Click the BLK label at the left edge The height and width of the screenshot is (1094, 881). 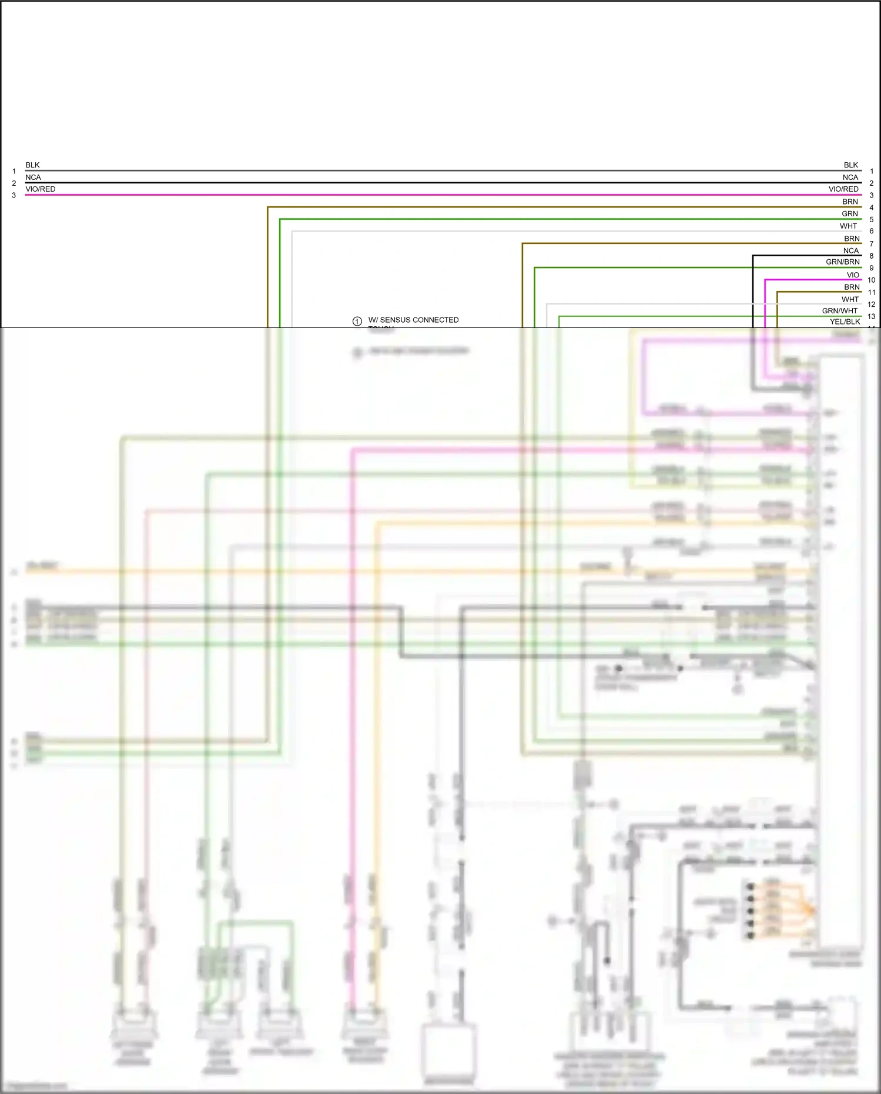[x=32, y=165]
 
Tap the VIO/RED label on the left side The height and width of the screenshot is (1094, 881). [x=40, y=189]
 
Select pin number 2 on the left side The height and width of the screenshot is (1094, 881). [x=14, y=183]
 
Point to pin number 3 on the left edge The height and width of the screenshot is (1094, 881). [x=14, y=195]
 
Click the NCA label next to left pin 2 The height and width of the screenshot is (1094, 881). [x=33, y=178]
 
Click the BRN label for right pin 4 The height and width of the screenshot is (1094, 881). [x=850, y=202]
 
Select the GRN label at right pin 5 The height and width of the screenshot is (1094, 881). [x=850, y=214]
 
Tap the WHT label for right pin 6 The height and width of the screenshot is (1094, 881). [x=848, y=226]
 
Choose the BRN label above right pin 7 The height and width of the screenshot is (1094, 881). [x=852, y=239]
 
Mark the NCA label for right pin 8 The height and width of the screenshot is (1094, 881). [x=850, y=251]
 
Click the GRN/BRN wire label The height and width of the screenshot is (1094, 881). [x=842, y=262]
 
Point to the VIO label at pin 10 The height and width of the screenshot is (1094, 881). [x=853, y=275]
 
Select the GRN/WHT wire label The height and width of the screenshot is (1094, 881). [x=839, y=311]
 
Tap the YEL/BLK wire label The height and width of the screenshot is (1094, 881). [x=845, y=322]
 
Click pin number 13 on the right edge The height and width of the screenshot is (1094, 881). [x=871, y=316]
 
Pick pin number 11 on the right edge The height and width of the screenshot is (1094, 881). [x=871, y=292]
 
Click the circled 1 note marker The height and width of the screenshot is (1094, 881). [x=357, y=321]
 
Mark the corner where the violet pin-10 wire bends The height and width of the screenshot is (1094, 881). [x=765, y=280]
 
